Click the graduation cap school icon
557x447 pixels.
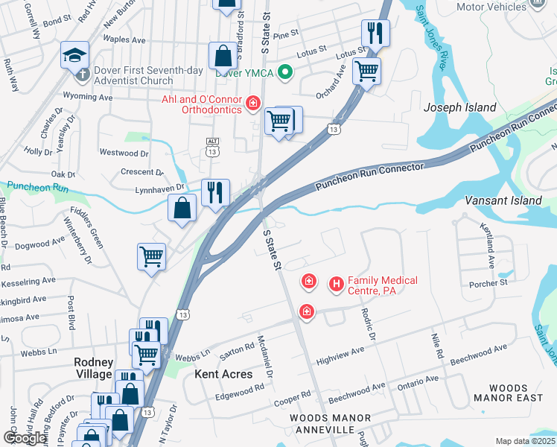73,54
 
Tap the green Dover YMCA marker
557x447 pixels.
284,72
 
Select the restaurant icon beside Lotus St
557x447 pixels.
374,34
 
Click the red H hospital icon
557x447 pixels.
336,283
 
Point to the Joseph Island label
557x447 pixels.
459,107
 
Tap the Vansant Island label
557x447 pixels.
503,201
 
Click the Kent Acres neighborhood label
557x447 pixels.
223,373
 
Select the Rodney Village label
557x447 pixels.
93,368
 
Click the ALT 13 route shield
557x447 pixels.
213,147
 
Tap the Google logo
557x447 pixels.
25,437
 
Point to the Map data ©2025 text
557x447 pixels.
525,441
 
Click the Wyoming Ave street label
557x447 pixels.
88,97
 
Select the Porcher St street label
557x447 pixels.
488,283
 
